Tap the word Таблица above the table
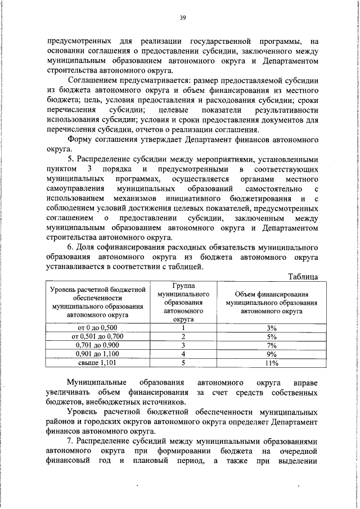(x=303, y=277)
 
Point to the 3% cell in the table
(x=272, y=327)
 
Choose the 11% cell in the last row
(x=272, y=363)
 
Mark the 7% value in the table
(x=272, y=345)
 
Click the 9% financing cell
(x=272, y=354)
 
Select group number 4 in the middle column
(x=183, y=354)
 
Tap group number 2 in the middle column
(x=183, y=336)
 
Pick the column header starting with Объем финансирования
(x=272, y=302)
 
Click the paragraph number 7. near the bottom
(x=70, y=442)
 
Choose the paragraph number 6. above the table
(x=70, y=247)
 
